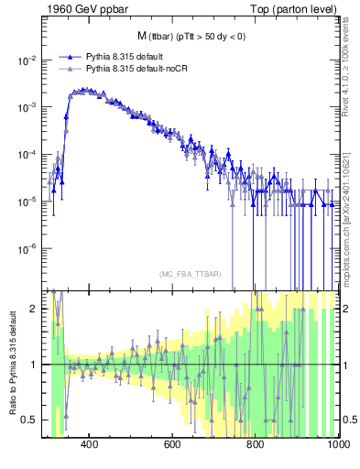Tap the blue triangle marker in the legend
tap(70, 57)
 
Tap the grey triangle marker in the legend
tap(70, 69)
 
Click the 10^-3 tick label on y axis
tap(28, 107)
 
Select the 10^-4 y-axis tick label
tap(28, 154)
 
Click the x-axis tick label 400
tap(89, 445)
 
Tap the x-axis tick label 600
tap(172, 445)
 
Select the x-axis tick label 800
tap(255, 445)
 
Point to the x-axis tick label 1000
tap(334, 445)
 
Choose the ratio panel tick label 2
tap(38, 309)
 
